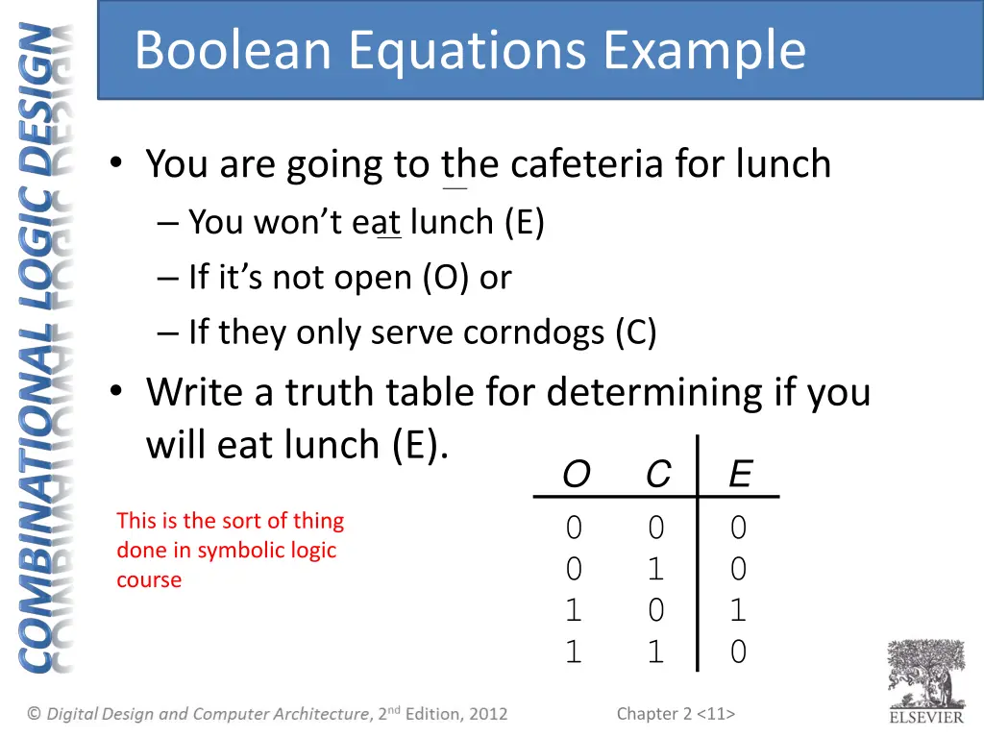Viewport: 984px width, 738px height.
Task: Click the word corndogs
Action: [x=534, y=332]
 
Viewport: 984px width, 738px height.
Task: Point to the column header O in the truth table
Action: [x=575, y=475]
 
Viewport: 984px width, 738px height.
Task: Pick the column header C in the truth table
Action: [x=657, y=475]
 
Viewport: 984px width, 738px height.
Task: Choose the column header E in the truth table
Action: [x=739, y=475]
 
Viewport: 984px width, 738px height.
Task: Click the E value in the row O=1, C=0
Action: [x=738, y=611]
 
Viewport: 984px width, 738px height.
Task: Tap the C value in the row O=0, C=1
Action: [x=655, y=570]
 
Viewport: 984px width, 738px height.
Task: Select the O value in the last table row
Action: [x=574, y=653]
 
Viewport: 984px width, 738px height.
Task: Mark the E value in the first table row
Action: [x=738, y=528]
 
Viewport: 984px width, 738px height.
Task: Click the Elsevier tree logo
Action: [x=925, y=673]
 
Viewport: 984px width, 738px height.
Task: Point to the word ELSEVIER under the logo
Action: [x=925, y=717]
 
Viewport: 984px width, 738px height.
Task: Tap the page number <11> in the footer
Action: [x=717, y=713]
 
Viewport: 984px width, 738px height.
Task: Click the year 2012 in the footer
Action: [x=487, y=714]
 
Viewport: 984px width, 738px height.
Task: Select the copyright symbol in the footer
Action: [x=35, y=714]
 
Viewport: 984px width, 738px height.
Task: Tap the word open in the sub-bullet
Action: [x=375, y=278]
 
